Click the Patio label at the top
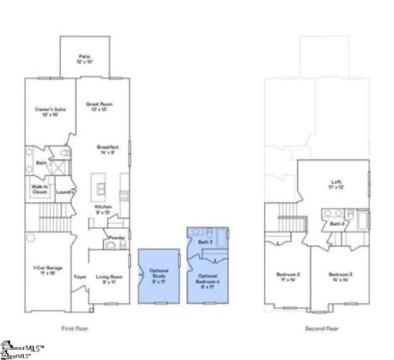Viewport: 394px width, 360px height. click(85, 58)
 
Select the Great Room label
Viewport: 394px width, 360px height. click(108, 105)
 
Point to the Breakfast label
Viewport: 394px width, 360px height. click(108, 148)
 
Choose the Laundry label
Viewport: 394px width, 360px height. click(65, 192)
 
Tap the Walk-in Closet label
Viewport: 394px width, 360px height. click(40, 188)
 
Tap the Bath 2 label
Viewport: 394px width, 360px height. click(336, 224)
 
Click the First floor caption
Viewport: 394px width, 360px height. click(77, 328)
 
